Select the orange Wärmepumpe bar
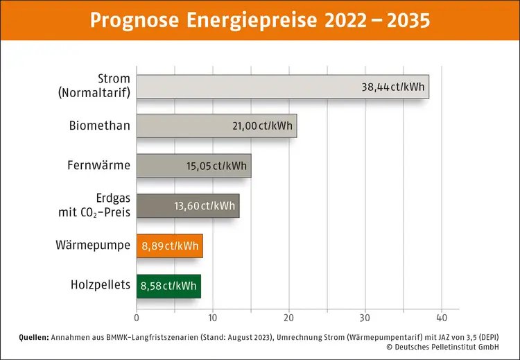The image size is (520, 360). pos(169,246)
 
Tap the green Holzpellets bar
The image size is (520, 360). pos(168,286)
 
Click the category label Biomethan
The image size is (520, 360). pos(99,126)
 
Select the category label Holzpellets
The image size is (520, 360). pos(100,285)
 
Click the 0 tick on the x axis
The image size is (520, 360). pos(137,318)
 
